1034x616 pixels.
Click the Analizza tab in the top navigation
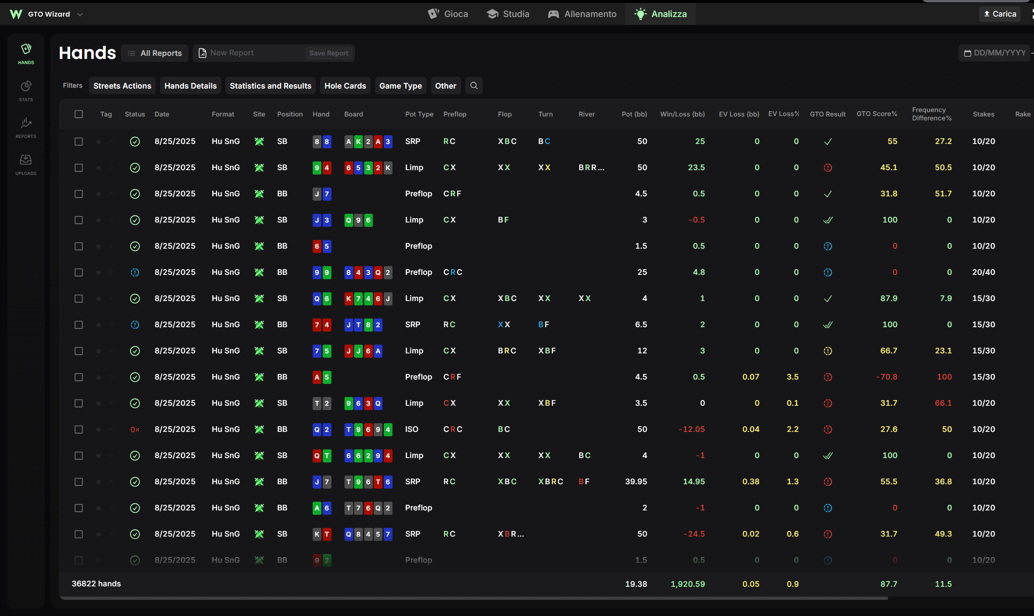point(661,14)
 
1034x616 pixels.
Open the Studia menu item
point(508,14)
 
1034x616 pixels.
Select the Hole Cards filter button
point(345,86)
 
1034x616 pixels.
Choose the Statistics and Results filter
point(270,86)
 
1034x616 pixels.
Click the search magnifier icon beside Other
point(474,86)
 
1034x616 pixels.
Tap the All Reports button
point(155,53)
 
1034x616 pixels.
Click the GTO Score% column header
point(877,114)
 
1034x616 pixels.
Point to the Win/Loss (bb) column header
point(682,114)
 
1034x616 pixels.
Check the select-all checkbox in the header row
point(78,114)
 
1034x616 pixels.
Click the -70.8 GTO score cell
point(887,377)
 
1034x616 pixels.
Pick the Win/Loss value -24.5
point(694,534)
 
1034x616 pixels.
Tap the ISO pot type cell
point(411,429)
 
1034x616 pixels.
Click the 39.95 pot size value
point(636,482)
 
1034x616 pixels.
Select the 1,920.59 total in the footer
point(687,584)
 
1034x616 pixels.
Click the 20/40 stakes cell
point(983,272)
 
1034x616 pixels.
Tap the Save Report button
point(329,53)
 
